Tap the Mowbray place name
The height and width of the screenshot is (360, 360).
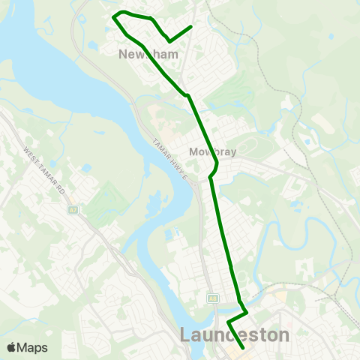[x=214, y=151]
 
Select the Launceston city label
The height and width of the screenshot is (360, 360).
[x=235, y=334]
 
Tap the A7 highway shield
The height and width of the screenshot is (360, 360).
[x=73, y=211]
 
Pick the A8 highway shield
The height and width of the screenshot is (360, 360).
[x=213, y=298]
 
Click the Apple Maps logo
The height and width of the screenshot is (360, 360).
[x=27, y=347]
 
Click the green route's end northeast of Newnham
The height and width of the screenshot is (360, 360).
[x=192, y=27]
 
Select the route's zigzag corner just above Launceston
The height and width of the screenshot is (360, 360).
[x=247, y=309]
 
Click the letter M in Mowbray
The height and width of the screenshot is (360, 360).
[x=194, y=151]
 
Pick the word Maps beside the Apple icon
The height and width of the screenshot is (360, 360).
[x=33, y=347]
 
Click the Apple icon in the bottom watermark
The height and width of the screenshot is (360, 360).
[x=12, y=347]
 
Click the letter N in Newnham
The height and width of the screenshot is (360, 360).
[x=124, y=54]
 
